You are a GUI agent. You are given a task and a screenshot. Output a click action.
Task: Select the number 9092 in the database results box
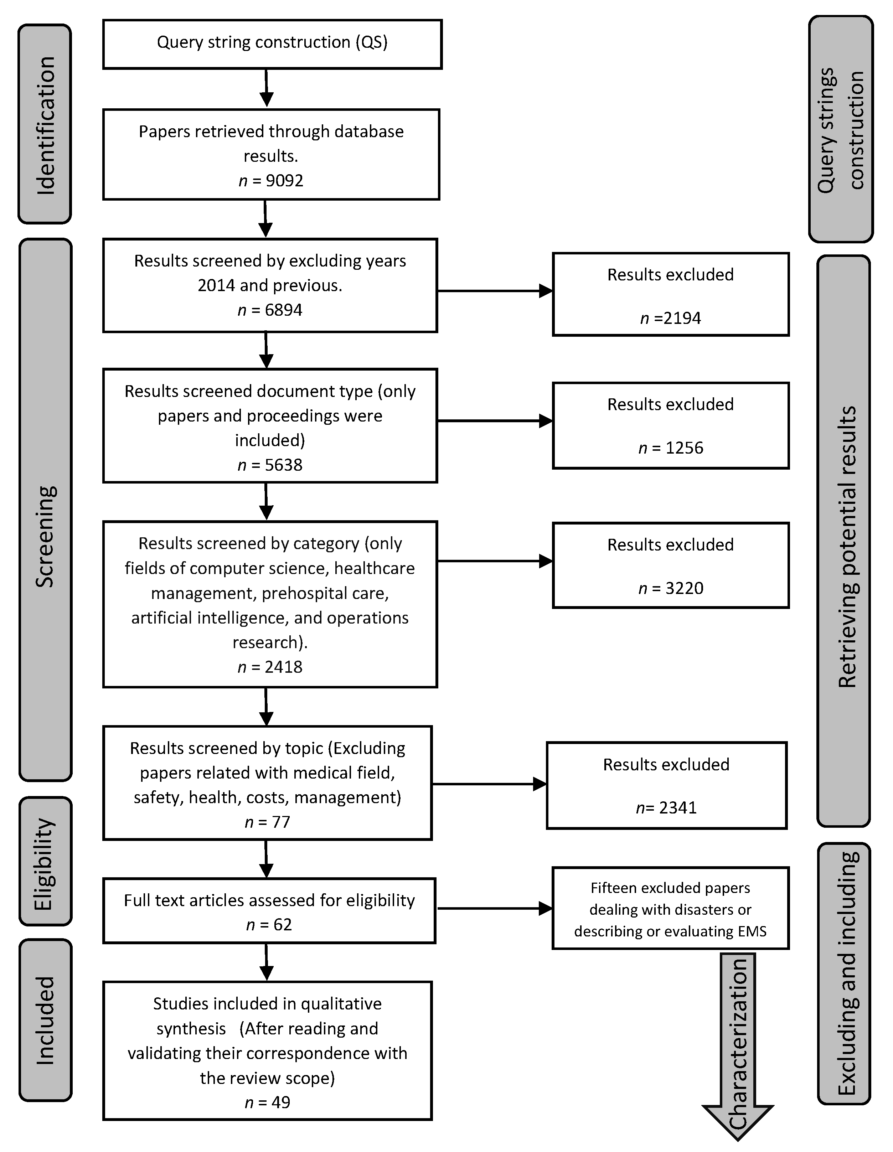(284, 181)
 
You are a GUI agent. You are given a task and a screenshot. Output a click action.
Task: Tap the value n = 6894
(270, 310)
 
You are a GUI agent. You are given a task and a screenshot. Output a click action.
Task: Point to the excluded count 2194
(682, 318)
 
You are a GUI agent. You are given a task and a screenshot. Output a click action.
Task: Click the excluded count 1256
(684, 448)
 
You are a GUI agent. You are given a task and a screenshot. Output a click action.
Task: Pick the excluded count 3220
(684, 588)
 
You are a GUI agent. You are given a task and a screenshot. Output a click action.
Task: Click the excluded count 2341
(678, 807)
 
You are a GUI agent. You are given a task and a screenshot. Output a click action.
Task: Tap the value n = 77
(267, 822)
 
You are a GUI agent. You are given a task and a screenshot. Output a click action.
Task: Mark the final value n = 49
(267, 1102)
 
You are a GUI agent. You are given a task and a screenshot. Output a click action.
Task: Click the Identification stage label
(45, 125)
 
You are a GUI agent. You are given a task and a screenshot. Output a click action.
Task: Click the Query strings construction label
(840, 130)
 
